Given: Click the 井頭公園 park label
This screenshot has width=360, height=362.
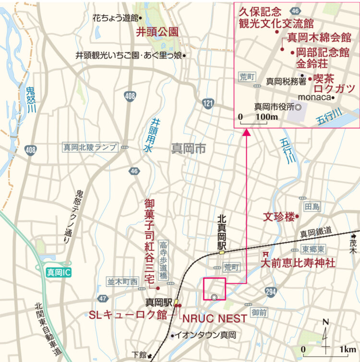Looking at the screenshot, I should click(x=157, y=32).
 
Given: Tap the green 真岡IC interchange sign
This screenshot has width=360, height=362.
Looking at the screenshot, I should click(x=58, y=273).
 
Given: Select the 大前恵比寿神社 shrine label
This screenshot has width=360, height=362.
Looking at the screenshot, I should click(x=298, y=263).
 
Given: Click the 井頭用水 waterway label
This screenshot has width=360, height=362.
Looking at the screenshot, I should click(x=155, y=136).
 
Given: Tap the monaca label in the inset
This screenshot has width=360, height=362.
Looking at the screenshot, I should click(x=316, y=97).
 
